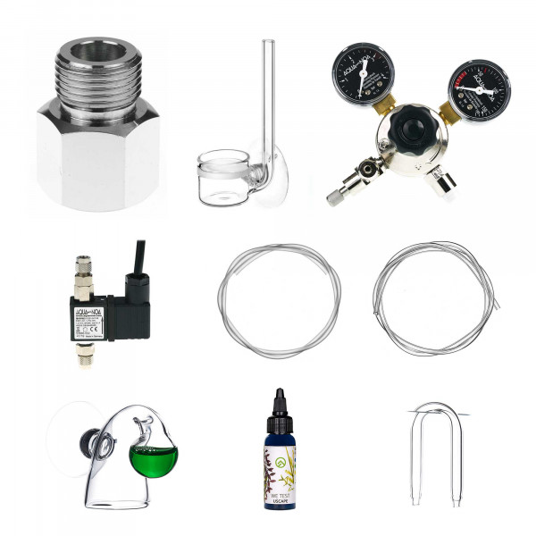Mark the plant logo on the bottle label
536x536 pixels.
280,462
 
